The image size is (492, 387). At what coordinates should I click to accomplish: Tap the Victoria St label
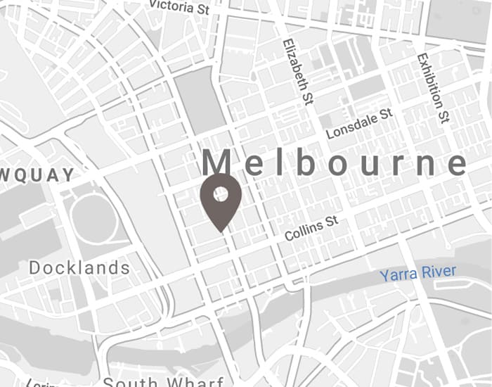tap(179, 6)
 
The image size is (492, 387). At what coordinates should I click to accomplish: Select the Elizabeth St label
tap(297, 72)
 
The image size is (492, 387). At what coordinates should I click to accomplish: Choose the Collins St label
tap(311, 228)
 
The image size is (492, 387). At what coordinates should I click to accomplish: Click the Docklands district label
tap(79, 268)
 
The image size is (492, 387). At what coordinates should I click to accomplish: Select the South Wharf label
tap(151, 382)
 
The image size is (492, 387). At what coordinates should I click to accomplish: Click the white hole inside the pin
tap(221, 193)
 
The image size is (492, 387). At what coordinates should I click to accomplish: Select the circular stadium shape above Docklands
tap(93, 220)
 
